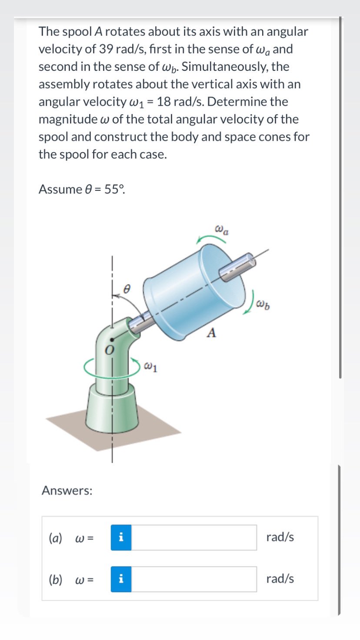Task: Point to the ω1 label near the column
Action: click(150, 368)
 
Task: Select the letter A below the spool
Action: click(211, 333)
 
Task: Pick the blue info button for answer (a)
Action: click(121, 537)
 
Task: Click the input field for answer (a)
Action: click(194, 537)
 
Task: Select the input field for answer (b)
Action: click(194, 579)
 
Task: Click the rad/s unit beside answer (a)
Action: click(280, 537)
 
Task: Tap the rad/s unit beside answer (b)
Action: click(280, 579)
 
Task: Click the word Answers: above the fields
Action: click(67, 491)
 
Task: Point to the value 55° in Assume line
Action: click(114, 190)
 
